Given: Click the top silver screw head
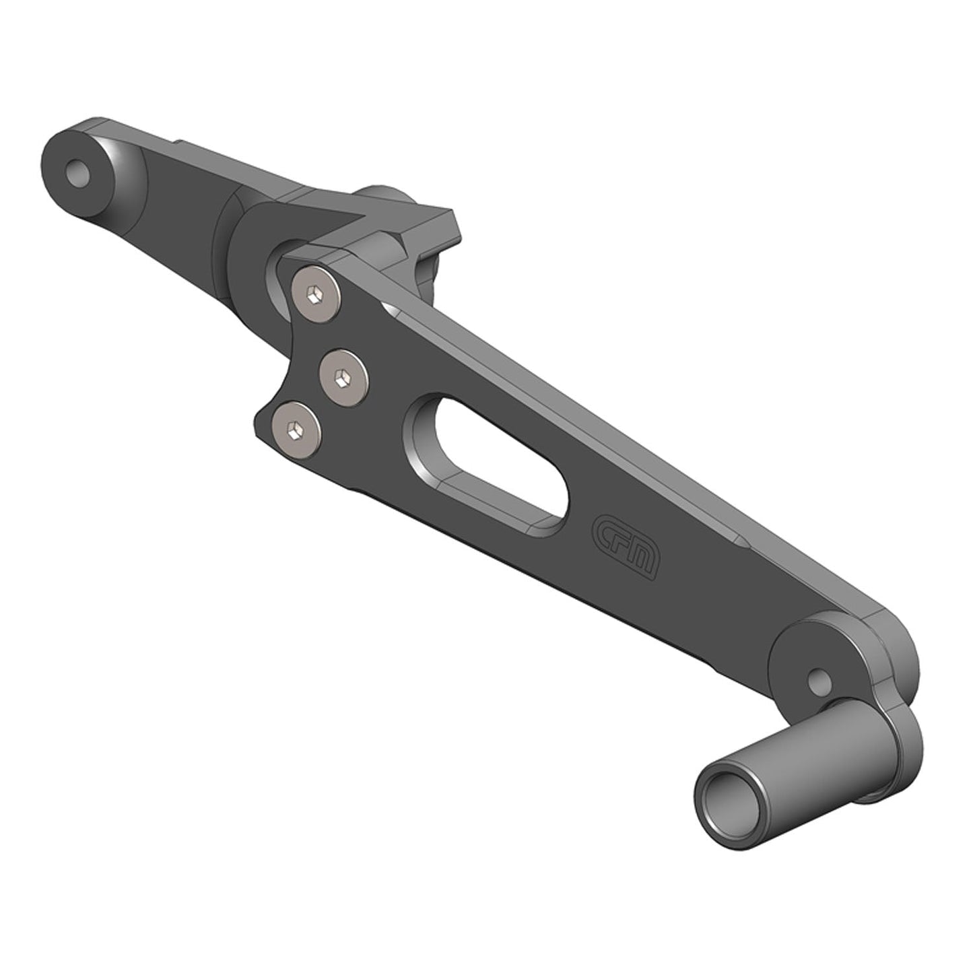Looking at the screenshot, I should click(x=316, y=294).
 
